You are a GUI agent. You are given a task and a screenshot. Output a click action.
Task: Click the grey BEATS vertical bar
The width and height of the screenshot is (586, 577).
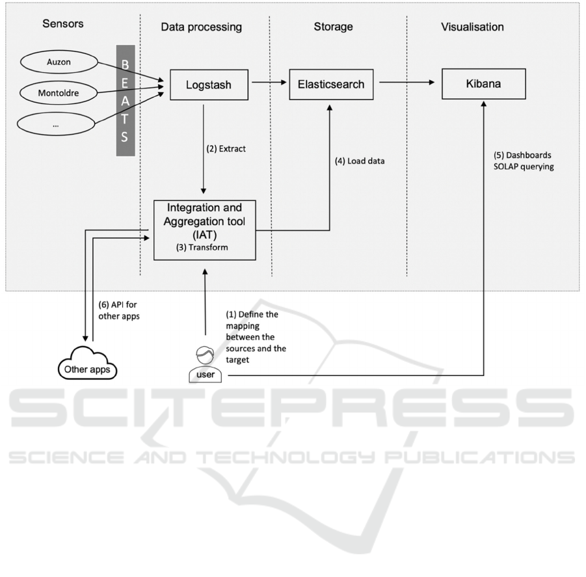[126, 101]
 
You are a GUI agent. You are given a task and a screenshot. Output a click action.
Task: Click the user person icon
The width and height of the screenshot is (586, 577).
[205, 364]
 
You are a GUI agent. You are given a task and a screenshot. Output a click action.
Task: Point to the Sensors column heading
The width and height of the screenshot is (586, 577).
[63, 23]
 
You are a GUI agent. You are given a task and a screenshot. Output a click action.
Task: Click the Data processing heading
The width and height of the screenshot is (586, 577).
[202, 27]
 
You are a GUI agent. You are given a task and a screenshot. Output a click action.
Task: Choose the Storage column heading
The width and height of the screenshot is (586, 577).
[334, 27]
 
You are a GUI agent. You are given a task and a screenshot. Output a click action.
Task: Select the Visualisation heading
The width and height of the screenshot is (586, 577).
[472, 27]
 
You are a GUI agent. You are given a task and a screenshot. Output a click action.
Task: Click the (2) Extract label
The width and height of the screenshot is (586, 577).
[226, 149]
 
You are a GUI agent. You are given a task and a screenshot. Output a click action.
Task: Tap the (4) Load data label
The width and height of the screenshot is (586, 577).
[360, 161]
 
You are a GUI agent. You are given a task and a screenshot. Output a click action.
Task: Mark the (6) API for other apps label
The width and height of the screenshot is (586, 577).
[119, 310]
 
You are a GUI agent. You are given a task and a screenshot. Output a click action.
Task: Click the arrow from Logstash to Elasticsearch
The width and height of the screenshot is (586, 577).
[269, 82]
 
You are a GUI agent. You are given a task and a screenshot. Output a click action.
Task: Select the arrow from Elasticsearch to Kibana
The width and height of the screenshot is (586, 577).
[407, 82]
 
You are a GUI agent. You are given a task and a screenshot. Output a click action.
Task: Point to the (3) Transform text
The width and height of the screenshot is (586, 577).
[202, 247]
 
